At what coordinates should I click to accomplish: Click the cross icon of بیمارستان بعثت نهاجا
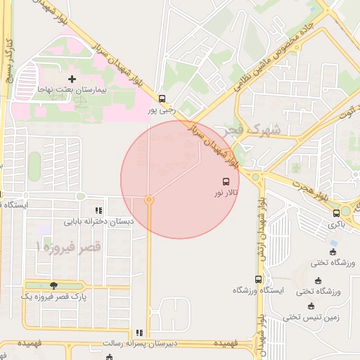pos(72,78)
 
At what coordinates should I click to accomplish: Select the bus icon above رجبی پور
pos(162,98)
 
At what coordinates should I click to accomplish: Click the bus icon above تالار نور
pos(225,181)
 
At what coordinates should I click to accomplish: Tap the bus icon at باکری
pos(336,212)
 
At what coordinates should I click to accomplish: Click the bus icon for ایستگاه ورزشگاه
pos(258,279)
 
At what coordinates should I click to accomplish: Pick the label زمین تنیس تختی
pos(311,317)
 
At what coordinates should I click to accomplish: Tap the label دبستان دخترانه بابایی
pos(99,221)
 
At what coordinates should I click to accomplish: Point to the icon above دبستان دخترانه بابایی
pos(98,210)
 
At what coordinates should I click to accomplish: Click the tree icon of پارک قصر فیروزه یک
pos(53,285)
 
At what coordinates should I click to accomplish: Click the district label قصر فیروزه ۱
pos(68,247)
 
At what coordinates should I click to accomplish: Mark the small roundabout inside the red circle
pos(149,200)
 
